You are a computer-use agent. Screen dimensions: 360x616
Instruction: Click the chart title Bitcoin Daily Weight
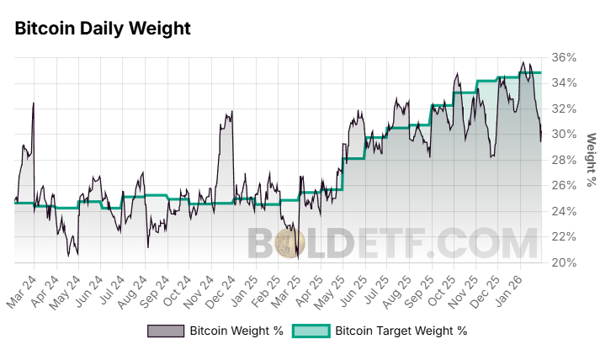tap(103, 29)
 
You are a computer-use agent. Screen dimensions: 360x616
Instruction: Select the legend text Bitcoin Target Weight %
tap(401, 331)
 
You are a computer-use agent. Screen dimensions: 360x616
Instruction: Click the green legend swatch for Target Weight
tap(310, 331)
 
